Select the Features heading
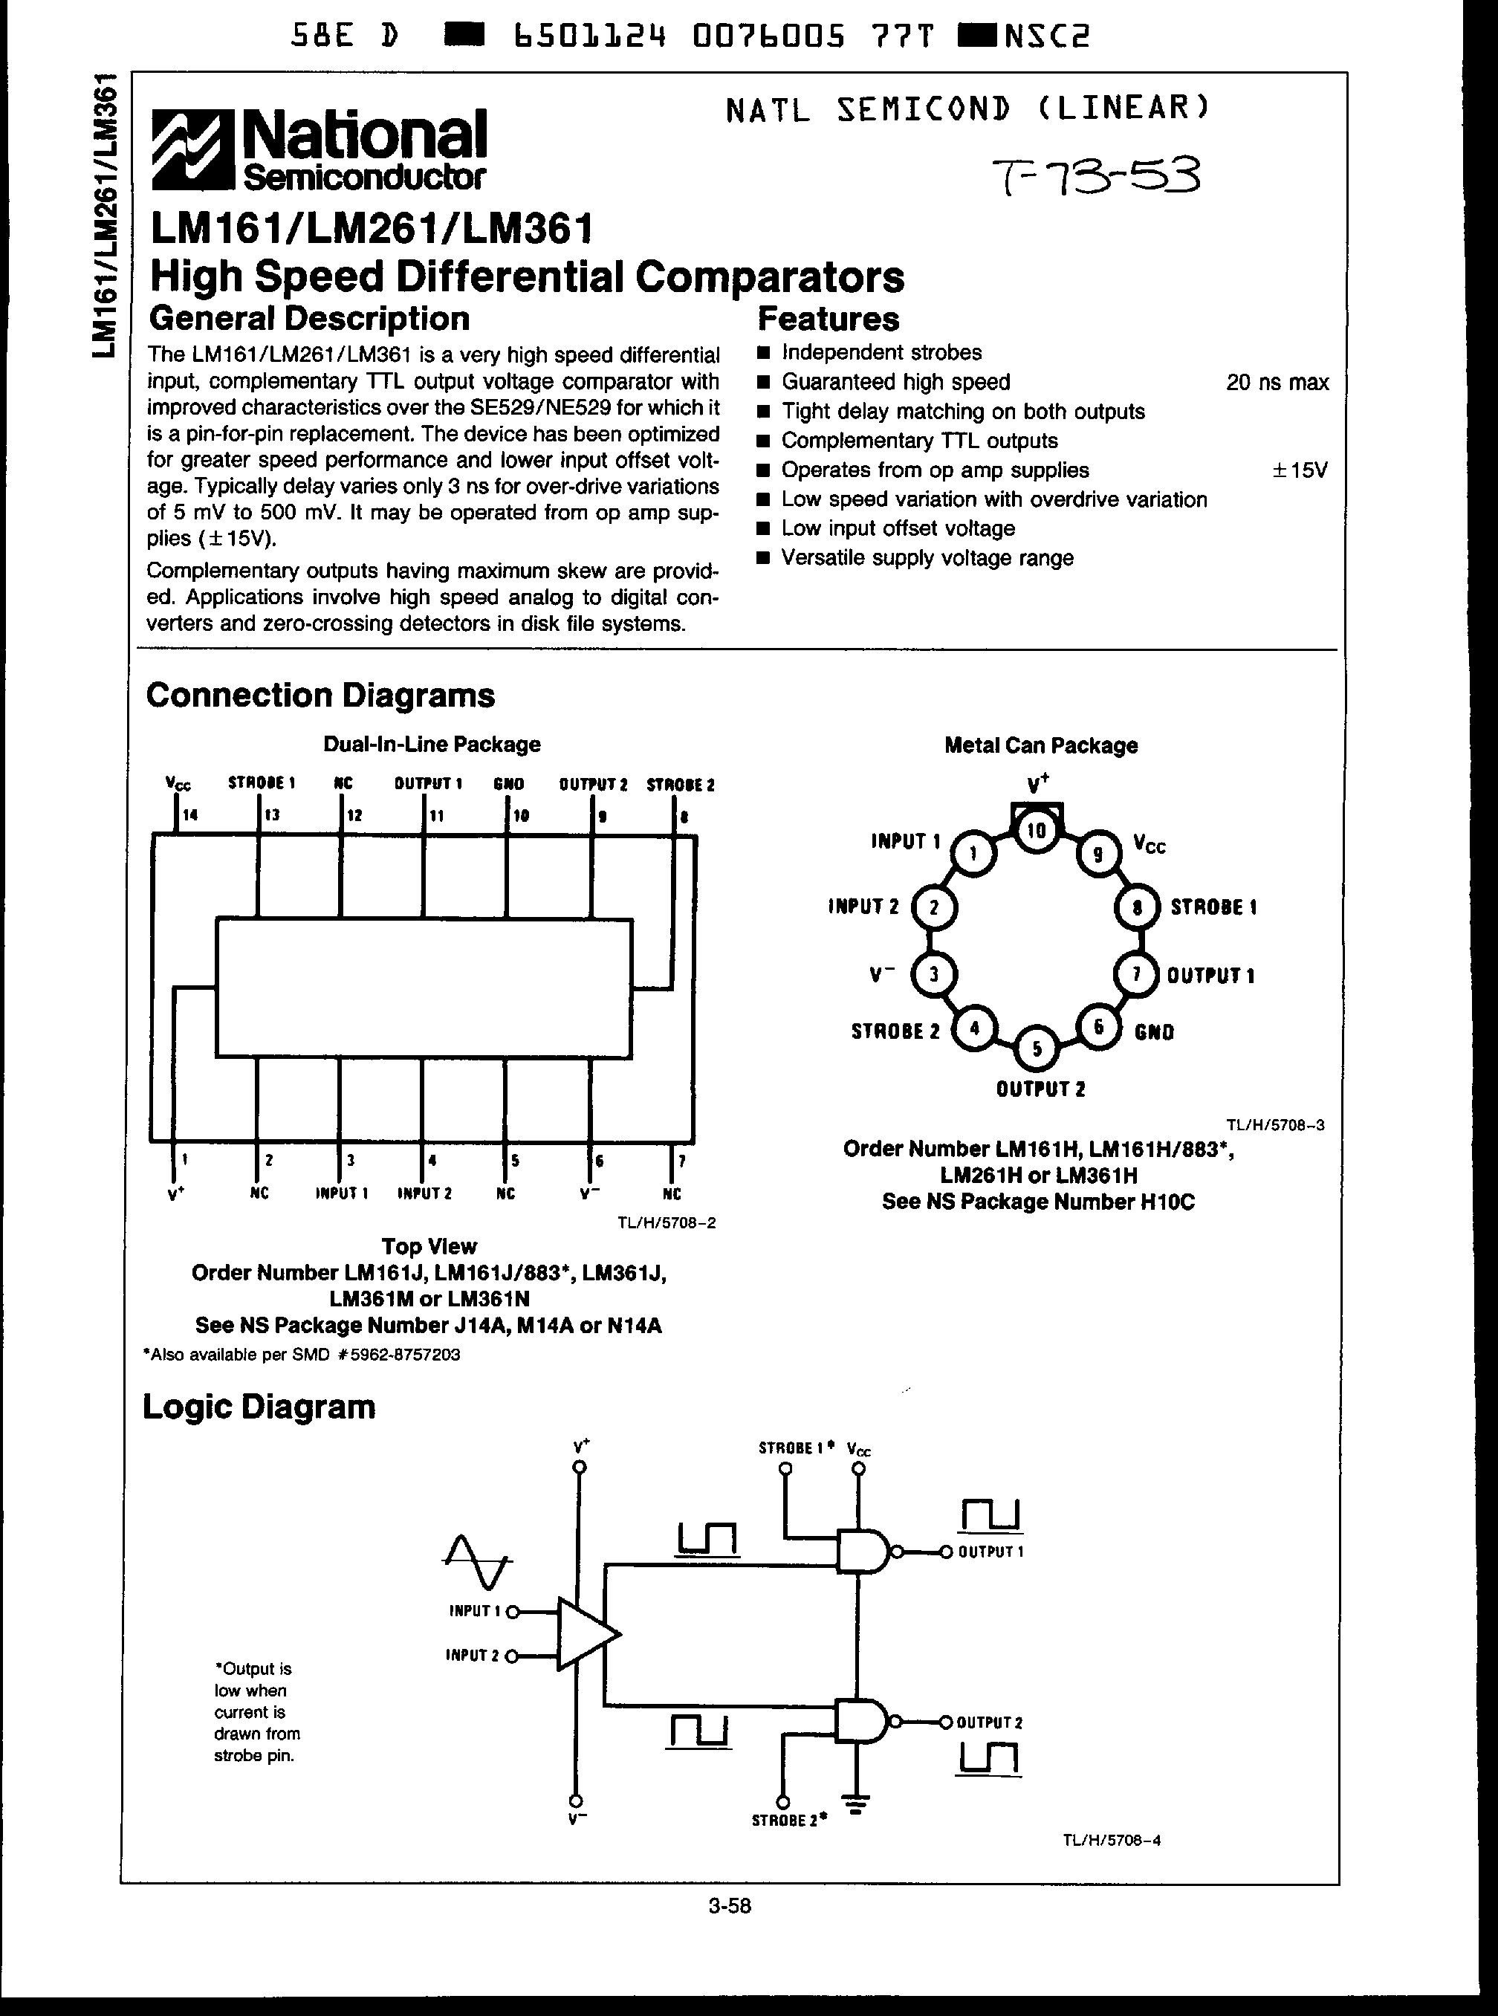tap(828, 320)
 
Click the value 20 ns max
tap(1277, 383)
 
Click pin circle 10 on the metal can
tap(1037, 830)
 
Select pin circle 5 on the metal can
tap(1037, 1048)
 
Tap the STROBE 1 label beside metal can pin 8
tap(1213, 907)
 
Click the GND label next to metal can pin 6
tap(1153, 1032)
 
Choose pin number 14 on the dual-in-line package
tap(189, 815)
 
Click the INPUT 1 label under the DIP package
tap(341, 1193)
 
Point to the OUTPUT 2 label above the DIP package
tap(593, 785)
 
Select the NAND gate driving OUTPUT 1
tap(863, 1552)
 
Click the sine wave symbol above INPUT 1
tap(477, 1560)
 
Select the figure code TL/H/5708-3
tap(1275, 1124)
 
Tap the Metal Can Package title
tap(1040, 745)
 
